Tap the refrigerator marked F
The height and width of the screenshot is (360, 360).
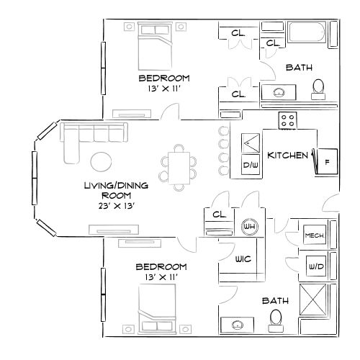click(x=326, y=161)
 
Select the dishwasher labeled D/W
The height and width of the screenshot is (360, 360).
click(x=251, y=166)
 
